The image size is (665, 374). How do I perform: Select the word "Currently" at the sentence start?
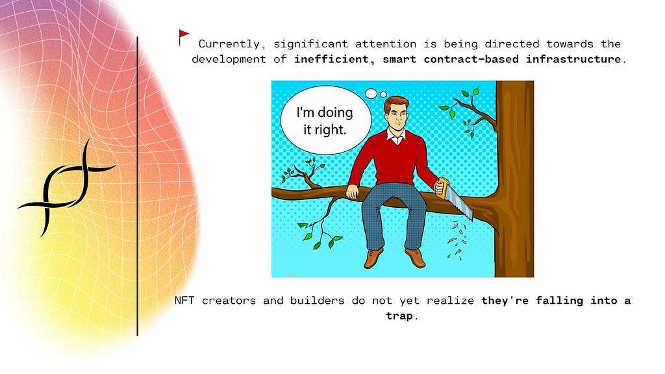coord(229,44)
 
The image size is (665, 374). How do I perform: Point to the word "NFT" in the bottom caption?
coord(184,301)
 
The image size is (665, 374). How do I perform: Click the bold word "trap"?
coord(399,316)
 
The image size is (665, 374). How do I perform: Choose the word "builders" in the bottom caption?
coord(317,301)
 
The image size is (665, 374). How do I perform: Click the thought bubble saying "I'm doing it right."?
coord(326,120)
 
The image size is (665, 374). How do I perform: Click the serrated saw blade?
coord(460,203)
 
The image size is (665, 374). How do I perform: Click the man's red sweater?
coord(392,159)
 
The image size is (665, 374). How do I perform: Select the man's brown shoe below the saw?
coord(416,257)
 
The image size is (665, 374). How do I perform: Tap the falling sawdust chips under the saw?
coord(457,240)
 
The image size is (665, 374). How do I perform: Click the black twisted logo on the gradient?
coord(66,187)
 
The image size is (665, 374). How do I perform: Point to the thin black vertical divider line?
coord(138,186)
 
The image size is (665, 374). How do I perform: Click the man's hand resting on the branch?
coord(353,192)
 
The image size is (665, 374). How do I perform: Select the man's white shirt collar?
coord(395,137)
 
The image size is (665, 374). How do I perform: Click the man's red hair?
coord(396,104)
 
